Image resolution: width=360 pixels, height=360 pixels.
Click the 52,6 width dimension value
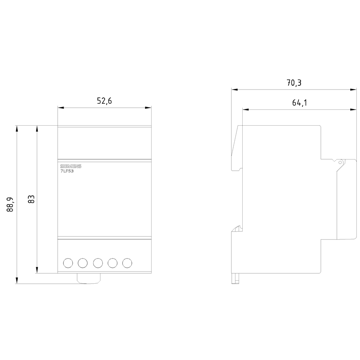pos(104,101)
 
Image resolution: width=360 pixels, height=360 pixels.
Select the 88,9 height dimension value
pos(10,204)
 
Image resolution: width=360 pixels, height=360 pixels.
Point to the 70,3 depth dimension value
pos(294,83)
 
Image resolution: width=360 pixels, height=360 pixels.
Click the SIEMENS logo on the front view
pos(71,166)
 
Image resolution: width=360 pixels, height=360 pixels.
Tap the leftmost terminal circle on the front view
pos(68,263)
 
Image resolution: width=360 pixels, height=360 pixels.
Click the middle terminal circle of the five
pos(98,263)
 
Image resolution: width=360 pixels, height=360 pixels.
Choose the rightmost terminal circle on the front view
pos(127,263)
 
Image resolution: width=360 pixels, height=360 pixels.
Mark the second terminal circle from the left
pos(83,263)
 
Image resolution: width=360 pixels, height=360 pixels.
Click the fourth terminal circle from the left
pos(112,263)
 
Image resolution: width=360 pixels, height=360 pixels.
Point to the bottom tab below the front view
pos(89,279)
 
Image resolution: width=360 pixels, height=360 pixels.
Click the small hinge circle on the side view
pos(339,162)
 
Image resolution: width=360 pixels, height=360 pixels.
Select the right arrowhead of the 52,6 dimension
pos(149,107)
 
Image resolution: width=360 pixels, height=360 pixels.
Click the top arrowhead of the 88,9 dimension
pos(17,128)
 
